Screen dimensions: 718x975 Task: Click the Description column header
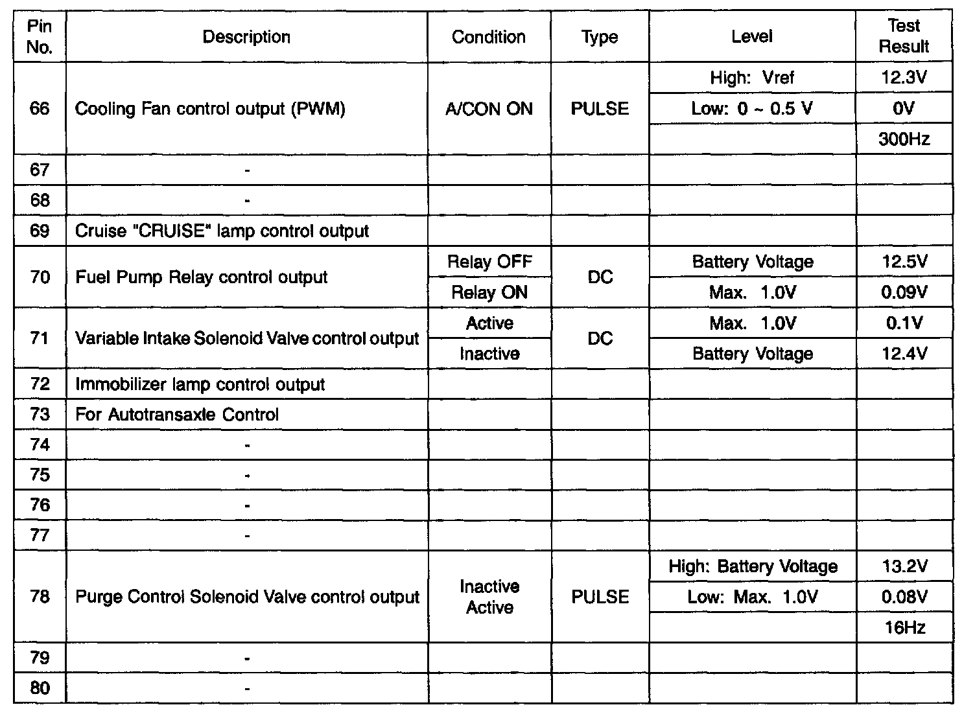pyautogui.click(x=246, y=37)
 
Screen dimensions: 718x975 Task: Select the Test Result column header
pyautogui.click(x=904, y=36)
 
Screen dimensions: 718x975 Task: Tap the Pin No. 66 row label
pyautogui.click(x=40, y=108)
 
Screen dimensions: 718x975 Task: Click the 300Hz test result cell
pyautogui.click(x=904, y=139)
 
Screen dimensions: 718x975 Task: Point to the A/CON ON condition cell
pyautogui.click(x=489, y=108)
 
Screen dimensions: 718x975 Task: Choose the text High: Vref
pyautogui.click(x=752, y=78)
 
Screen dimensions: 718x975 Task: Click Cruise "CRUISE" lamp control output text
pyautogui.click(x=222, y=231)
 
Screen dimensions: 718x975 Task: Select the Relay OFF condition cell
pyautogui.click(x=489, y=262)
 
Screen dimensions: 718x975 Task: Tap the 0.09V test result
pyautogui.click(x=904, y=292)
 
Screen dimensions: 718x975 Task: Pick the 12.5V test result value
pyautogui.click(x=904, y=262)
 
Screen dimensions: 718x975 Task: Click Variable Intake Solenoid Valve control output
pyautogui.click(x=247, y=338)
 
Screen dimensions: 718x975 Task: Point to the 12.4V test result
pyautogui.click(x=904, y=354)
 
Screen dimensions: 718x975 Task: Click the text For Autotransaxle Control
pyautogui.click(x=177, y=415)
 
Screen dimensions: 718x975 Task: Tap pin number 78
pyautogui.click(x=40, y=597)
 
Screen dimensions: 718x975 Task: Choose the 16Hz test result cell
pyautogui.click(x=904, y=627)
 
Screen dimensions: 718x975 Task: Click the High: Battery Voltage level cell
pyautogui.click(x=753, y=567)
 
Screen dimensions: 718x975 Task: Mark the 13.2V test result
pyautogui.click(x=904, y=567)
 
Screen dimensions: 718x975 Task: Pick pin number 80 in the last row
pyautogui.click(x=40, y=688)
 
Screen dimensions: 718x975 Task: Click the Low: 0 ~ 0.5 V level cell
pyautogui.click(x=752, y=108)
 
